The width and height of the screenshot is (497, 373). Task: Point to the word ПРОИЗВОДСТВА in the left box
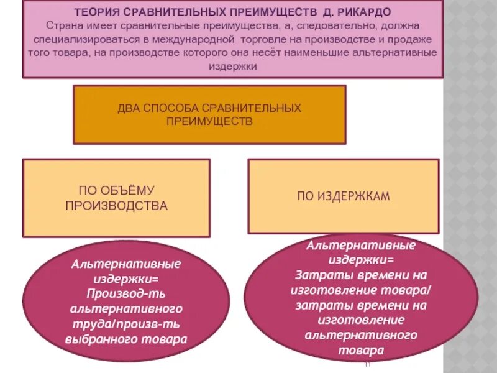pos(117,206)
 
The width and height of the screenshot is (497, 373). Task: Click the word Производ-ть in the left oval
pos(126,293)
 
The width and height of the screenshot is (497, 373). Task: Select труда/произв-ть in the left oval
pos(126,324)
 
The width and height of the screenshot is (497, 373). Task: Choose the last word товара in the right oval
pos(360,351)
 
